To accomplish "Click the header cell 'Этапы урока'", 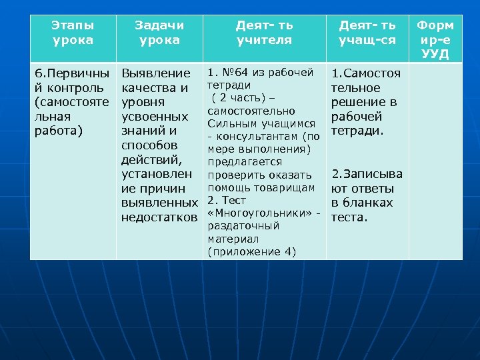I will click(73, 32).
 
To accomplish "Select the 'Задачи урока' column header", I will click(159, 32).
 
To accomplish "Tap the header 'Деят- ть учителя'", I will click(264, 32).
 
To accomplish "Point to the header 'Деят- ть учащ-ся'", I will click(367, 32).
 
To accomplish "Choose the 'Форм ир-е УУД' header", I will click(435, 39).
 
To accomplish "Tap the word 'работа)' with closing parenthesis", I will click(58, 131).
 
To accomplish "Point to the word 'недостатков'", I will click(159, 217).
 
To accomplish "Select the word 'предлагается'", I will click(245, 162).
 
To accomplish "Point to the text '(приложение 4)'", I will click(251, 251).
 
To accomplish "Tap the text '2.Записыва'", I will click(367, 175).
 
